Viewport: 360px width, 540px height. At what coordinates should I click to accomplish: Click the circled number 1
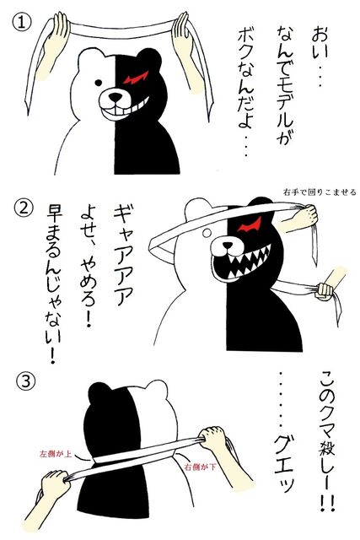(22, 23)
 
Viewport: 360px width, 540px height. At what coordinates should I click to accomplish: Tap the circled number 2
(24, 208)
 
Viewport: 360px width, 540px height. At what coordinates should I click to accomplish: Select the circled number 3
(25, 382)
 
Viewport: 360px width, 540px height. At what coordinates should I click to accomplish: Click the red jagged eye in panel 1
(136, 78)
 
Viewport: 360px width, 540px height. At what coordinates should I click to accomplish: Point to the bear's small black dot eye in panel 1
(99, 83)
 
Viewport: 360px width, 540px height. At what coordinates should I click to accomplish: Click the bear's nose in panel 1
(116, 98)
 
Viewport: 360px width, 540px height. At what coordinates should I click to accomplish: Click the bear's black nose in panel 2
(228, 246)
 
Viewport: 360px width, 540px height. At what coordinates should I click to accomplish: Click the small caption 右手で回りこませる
(320, 192)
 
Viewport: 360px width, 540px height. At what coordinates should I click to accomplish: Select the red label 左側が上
(56, 454)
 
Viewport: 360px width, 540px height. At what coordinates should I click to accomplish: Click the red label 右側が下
(201, 467)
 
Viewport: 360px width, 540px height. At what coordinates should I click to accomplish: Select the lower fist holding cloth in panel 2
(325, 291)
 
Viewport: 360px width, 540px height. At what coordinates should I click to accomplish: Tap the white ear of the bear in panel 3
(157, 389)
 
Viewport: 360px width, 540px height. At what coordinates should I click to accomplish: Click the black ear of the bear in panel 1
(148, 58)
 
